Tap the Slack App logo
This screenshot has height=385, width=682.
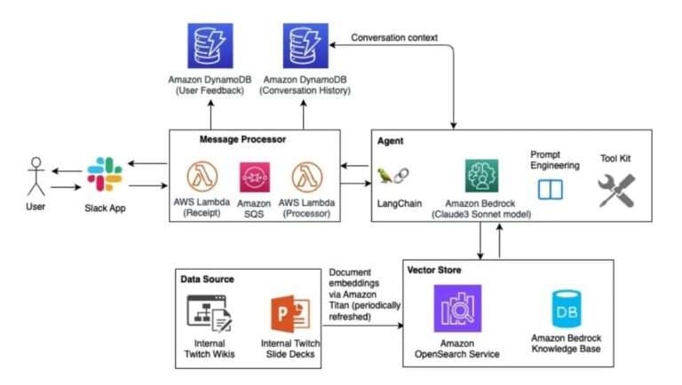click(x=105, y=174)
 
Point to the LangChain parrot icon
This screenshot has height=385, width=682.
click(x=391, y=176)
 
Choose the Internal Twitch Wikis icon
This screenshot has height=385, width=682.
click(x=210, y=313)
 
